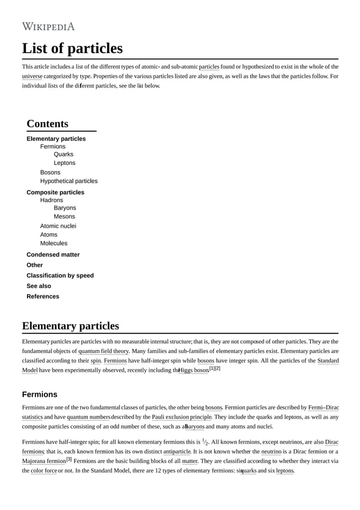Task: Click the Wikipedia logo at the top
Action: pyautogui.click(x=48, y=27)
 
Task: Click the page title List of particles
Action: pyautogui.click(x=72, y=49)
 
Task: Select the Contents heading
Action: pyautogui.click(x=47, y=124)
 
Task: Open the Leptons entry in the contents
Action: pyautogui.click(x=64, y=163)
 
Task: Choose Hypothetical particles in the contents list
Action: pyautogui.click(x=68, y=181)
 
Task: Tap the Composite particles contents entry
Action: pyautogui.click(x=55, y=192)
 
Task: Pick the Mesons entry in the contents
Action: pyautogui.click(x=64, y=216)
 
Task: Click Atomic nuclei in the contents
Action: pyautogui.click(x=58, y=226)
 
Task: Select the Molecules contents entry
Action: pyautogui.click(x=54, y=243)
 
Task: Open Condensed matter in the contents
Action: pyautogui.click(x=53, y=255)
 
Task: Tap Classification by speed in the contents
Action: pyautogui.click(x=60, y=276)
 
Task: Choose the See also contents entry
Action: pyautogui.click(x=38, y=286)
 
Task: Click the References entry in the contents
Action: pyautogui.click(x=42, y=297)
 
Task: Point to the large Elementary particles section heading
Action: pyautogui.click(x=71, y=326)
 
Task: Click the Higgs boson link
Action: pyautogui.click(x=194, y=370)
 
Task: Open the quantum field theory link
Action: pyautogui.click(x=103, y=351)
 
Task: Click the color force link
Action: pyautogui.click(x=43, y=470)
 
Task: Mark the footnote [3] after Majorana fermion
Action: pyautogui.click(x=69, y=459)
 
